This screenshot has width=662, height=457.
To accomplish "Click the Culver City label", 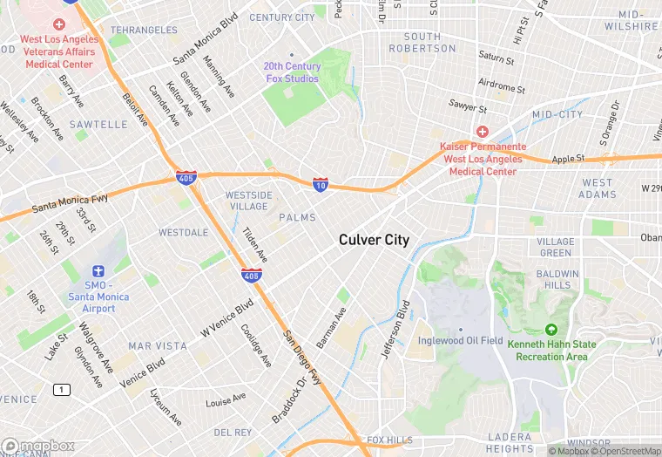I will tap(374, 240).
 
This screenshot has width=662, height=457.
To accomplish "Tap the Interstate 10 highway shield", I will tap(321, 184).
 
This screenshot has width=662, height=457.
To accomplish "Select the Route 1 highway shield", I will tap(60, 389).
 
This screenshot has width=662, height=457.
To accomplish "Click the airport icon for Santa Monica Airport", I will tap(98, 273).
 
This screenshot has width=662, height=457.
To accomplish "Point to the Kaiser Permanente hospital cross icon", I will tap(482, 131).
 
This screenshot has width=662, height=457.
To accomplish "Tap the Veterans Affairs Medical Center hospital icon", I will tap(58, 24).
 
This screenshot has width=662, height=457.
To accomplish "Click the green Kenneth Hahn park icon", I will tap(551, 330).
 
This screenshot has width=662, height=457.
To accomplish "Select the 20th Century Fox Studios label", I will tap(292, 72).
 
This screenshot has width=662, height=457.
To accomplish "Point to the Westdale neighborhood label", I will tap(183, 233).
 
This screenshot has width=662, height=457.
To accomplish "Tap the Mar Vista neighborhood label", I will tap(157, 346).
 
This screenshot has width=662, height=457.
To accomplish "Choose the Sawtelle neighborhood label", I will tap(98, 125).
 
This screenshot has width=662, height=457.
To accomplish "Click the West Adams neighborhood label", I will tap(597, 188).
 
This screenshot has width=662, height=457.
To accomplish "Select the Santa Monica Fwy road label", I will tap(70, 205).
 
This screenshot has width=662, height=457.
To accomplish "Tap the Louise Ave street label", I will tap(226, 401).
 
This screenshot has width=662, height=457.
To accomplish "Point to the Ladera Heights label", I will tap(510, 442).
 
